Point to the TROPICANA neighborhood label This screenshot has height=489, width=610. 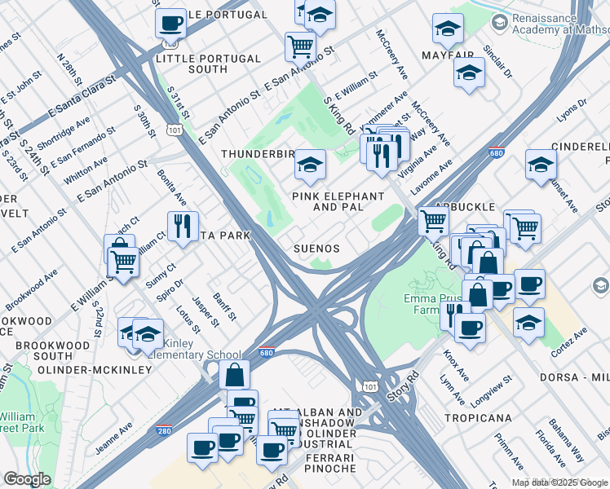[478, 418]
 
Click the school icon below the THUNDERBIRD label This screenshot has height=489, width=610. [310, 164]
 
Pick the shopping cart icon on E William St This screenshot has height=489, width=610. [122, 260]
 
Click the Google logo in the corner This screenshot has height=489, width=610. [27, 479]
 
